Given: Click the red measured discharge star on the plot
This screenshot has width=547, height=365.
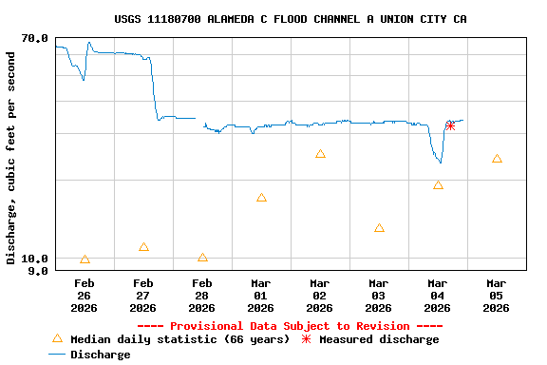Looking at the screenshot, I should pyautogui.click(x=450, y=125).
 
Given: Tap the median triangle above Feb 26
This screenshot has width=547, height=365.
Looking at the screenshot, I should pyautogui.click(x=85, y=259).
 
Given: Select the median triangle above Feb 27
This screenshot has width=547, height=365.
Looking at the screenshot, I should pyautogui.click(x=143, y=247).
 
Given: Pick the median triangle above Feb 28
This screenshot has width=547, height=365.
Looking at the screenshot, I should pyautogui.click(x=202, y=258).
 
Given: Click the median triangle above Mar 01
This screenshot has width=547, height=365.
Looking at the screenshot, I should pyautogui.click(x=261, y=198).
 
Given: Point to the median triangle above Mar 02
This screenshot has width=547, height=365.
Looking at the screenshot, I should pyautogui.click(x=320, y=154).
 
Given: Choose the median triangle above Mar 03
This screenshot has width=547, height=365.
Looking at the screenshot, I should pyautogui.click(x=379, y=228).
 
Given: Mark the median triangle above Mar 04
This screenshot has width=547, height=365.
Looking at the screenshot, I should pyautogui.click(x=438, y=185).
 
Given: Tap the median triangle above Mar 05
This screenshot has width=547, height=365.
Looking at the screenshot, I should pyautogui.click(x=497, y=159).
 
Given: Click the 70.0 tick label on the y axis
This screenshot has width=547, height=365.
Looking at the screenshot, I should pyautogui.click(x=34, y=38).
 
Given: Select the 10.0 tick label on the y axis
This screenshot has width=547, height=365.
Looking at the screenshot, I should pyautogui.click(x=34, y=259).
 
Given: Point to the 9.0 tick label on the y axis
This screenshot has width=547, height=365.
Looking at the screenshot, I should pyautogui.click(x=38, y=271).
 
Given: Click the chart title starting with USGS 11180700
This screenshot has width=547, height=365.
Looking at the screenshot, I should pyautogui.click(x=290, y=19).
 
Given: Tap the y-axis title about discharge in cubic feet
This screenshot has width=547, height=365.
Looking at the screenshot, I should pyautogui.click(x=11, y=158).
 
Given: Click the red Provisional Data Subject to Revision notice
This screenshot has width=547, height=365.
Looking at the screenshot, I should pyautogui.click(x=290, y=326).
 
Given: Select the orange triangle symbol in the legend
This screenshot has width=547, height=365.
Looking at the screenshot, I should pyautogui.click(x=57, y=338).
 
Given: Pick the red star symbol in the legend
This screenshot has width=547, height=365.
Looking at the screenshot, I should pyautogui.click(x=306, y=339).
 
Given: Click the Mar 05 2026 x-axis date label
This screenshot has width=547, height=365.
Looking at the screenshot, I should pyautogui.click(x=496, y=296).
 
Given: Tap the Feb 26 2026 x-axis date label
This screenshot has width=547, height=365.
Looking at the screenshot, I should pyautogui.click(x=84, y=296).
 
